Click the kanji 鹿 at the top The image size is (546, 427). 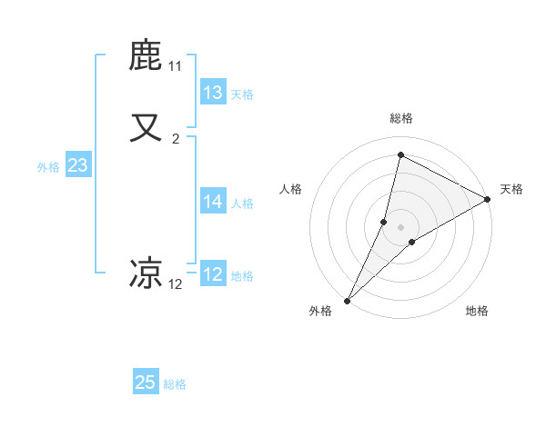click(147, 56)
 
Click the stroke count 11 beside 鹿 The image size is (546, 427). click(176, 67)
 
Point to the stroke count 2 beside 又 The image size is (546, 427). click(176, 139)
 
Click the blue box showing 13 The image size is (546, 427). click(213, 93)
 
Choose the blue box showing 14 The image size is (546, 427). click(213, 202)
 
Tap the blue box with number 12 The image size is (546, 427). click(213, 274)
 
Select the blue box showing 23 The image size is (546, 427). click(77, 165)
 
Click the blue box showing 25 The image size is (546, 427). click(146, 382)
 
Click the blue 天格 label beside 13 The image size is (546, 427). click(241, 94)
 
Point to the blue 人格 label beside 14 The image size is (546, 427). click(241, 204)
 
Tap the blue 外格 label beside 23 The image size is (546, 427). click(48, 167)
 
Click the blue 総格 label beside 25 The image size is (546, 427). click(175, 384)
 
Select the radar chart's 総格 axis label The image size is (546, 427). click(400, 118)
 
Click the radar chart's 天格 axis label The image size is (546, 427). click(511, 189)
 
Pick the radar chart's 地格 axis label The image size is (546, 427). click(477, 311)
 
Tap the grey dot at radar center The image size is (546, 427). click(400, 227)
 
